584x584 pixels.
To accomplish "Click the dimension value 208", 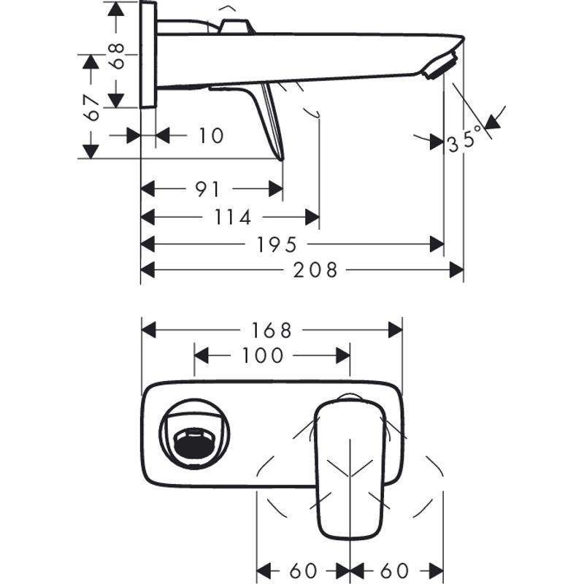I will pyautogui.click(x=315, y=270).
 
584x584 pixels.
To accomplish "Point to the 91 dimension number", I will pyautogui.click(x=207, y=189).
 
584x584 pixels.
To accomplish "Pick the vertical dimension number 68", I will pyautogui.click(x=116, y=55).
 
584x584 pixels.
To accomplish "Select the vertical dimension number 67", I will pyautogui.click(x=91, y=107).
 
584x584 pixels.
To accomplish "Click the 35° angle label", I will pyautogui.click(x=465, y=139).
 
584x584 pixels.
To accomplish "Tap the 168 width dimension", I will pyautogui.click(x=272, y=330).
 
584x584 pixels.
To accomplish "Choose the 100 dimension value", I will pyautogui.click(x=262, y=356).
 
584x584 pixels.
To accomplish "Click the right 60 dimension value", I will pyautogui.click(x=395, y=570).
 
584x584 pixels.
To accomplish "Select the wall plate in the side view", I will pyautogui.click(x=147, y=55).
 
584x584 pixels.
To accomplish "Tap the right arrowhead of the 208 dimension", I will pyautogui.click(x=457, y=270).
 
